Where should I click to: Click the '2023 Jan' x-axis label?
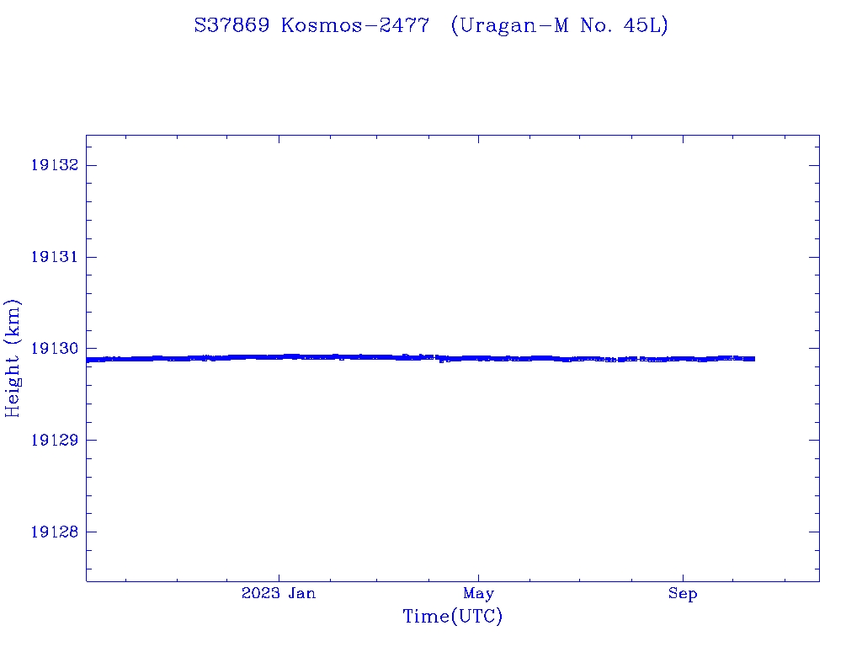pos(279,594)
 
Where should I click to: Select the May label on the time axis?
pos(478,594)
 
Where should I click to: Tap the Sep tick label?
pos(683,594)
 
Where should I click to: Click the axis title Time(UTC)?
pos(452,617)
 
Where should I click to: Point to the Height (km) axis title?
pos(13,358)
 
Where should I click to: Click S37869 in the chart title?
pos(231,26)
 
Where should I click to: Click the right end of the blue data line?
pos(753,359)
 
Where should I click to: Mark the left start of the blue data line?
pos(88,360)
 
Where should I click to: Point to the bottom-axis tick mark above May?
pos(478,576)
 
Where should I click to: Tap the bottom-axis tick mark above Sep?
pos(683,576)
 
